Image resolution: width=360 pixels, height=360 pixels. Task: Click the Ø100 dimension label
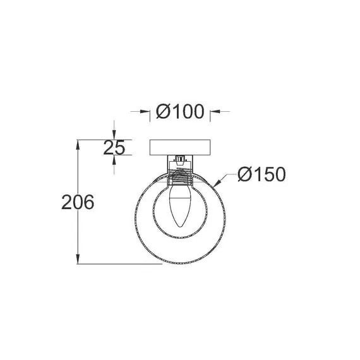pyautogui.click(x=180, y=112)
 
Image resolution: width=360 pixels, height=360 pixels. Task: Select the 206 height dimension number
pyautogui.click(x=78, y=202)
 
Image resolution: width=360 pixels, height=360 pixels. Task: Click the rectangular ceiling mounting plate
pyautogui.click(x=180, y=148)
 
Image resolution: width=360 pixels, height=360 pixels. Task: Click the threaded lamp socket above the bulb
pyautogui.click(x=180, y=173)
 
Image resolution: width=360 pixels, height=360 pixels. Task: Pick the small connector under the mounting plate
pyautogui.click(x=180, y=159)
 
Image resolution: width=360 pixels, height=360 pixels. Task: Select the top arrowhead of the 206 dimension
pyautogui.click(x=78, y=144)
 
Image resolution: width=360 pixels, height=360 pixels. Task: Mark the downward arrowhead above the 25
pyautogui.click(x=114, y=135)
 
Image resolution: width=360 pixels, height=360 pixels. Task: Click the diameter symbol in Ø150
pyautogui.click(x=246, y=174)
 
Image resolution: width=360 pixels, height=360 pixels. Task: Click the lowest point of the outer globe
pyautogui.click(x=180, y=264)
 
